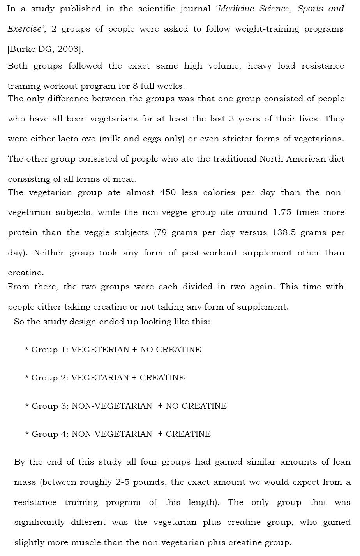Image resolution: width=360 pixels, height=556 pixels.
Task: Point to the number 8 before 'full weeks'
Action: pyautogui.click(x=135, y=86)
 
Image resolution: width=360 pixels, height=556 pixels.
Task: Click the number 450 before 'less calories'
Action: pyautogui.click(x=168, y=192)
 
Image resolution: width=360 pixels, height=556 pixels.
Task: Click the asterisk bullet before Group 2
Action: pyautogui.click(x=26, y=378)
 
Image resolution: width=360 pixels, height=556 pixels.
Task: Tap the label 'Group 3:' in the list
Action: pyautogui.click(x=50, y=406)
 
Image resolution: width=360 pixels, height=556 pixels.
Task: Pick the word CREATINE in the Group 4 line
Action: pyautogui.click(x=188, y=434)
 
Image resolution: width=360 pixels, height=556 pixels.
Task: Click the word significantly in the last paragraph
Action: pyautogui.click(x=40, y=522)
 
